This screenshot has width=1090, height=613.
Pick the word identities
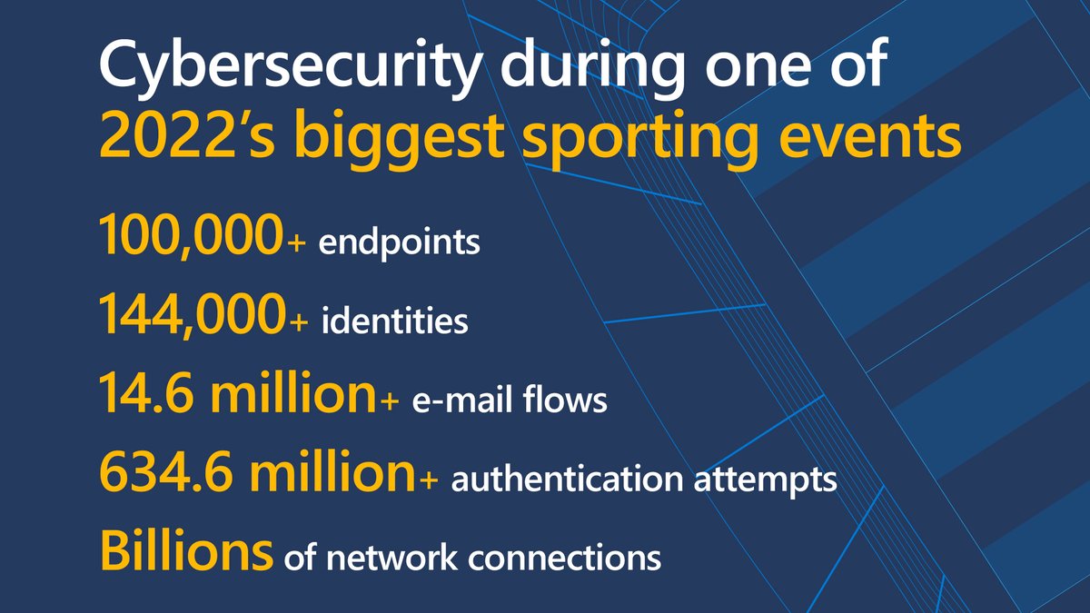coord(396,321)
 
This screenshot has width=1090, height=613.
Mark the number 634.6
coord(163,474)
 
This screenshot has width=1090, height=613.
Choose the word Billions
coord(185,550)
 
